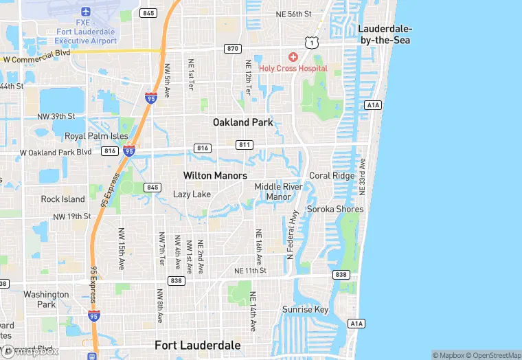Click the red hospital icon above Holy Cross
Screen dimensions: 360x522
293,56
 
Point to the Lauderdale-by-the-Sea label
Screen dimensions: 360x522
385,34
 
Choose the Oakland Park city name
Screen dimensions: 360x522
242,122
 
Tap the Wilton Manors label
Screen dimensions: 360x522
215,176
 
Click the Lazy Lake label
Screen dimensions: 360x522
192,194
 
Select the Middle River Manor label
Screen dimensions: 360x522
278,192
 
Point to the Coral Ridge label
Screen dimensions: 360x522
332,176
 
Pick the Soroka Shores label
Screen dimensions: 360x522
335,209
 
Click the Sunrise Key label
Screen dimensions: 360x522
306,310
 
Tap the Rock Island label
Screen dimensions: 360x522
63,199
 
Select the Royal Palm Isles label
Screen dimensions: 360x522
96,136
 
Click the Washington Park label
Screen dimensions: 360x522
46,300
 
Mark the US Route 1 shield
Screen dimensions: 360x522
313,43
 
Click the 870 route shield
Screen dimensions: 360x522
232,49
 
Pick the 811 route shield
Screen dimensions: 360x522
245,145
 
